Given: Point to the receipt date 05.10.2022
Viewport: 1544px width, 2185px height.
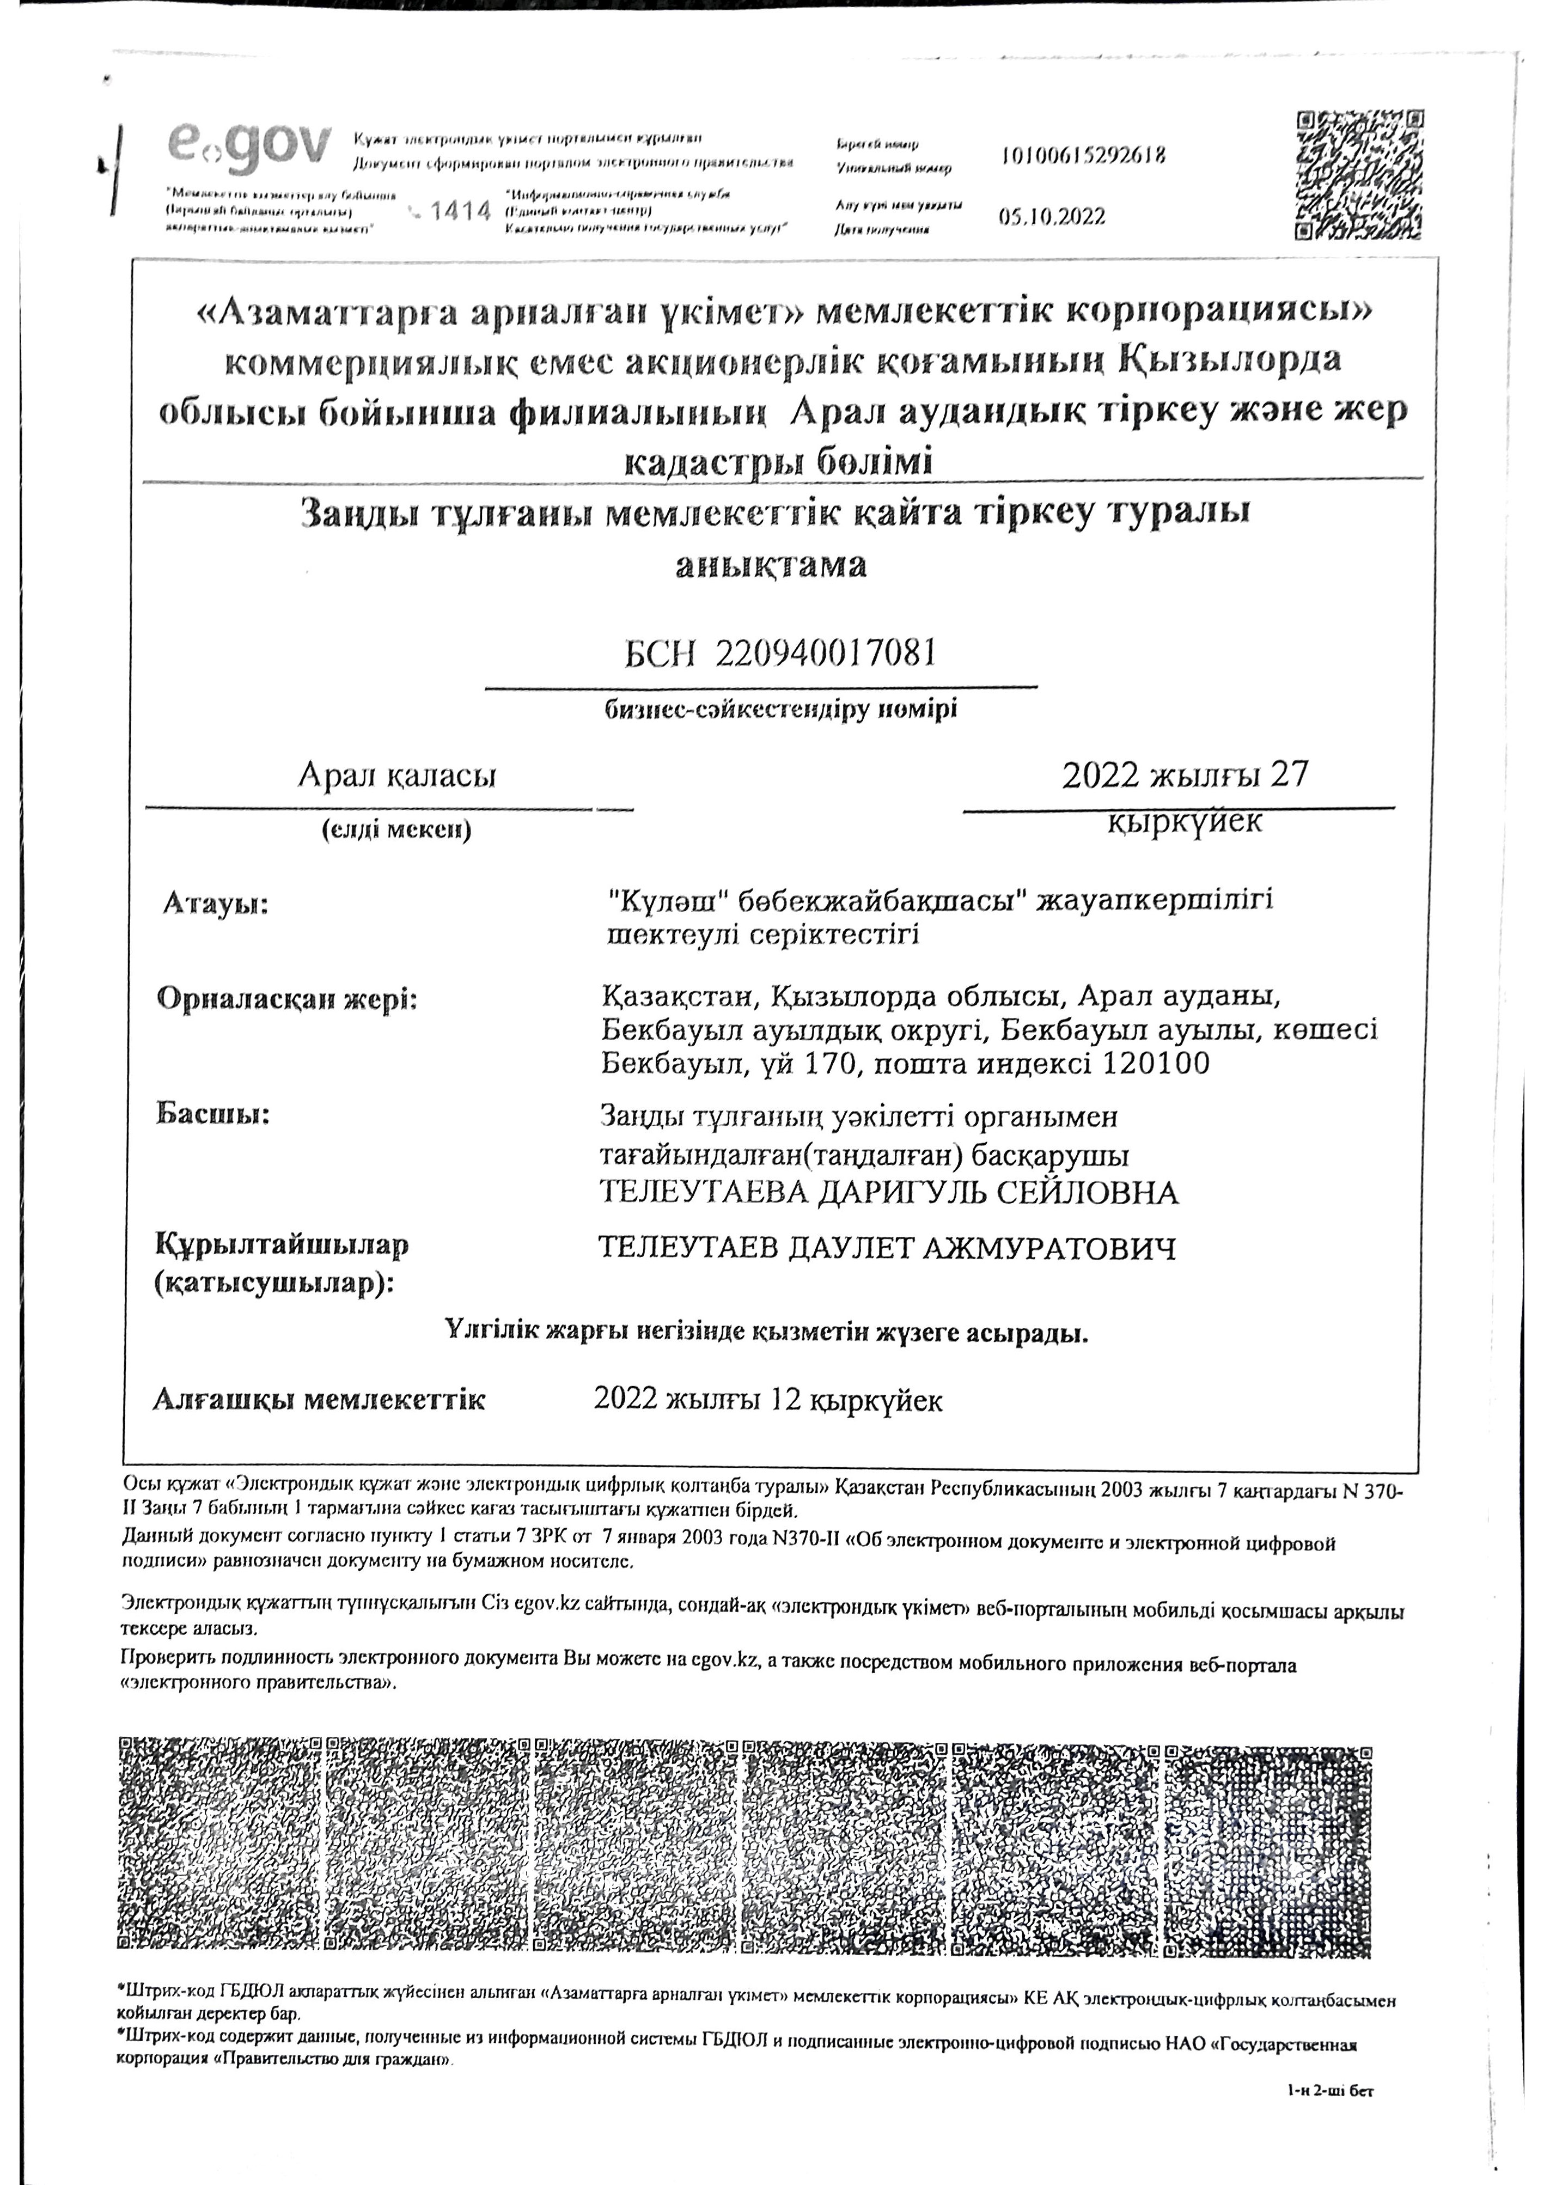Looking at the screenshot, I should [x=1052, y=217].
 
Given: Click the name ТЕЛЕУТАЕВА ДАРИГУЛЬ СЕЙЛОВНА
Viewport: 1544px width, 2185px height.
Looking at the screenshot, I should [x=889, y=1192].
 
